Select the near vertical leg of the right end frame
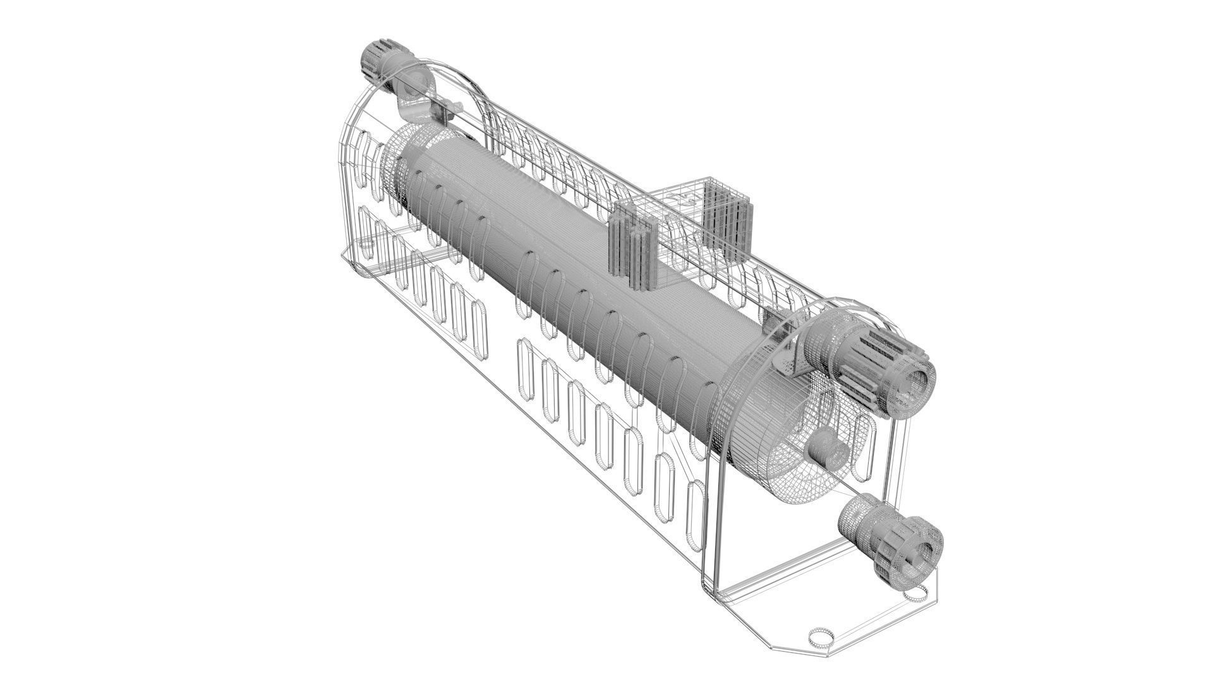pos(714,505)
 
